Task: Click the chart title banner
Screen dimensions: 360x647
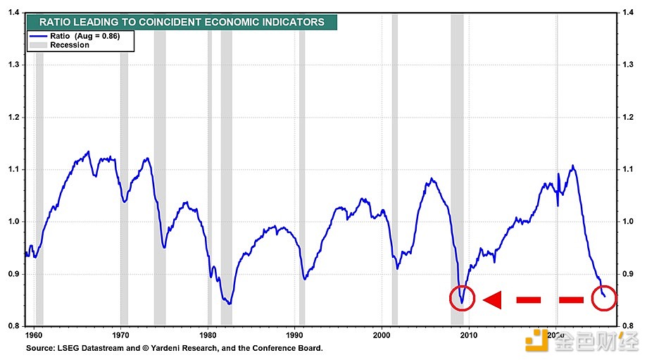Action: (x=182, y=22)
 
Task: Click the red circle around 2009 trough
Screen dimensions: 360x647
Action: (x=462, y=299)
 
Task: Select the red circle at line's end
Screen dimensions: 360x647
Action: (x=603, y=299)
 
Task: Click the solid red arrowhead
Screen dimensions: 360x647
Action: (x=491, y=300)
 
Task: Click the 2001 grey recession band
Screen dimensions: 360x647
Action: (x=394, y=141)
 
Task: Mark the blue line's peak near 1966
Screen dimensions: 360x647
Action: (x=88, y=151)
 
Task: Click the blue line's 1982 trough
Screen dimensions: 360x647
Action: (x=229, y=304)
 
